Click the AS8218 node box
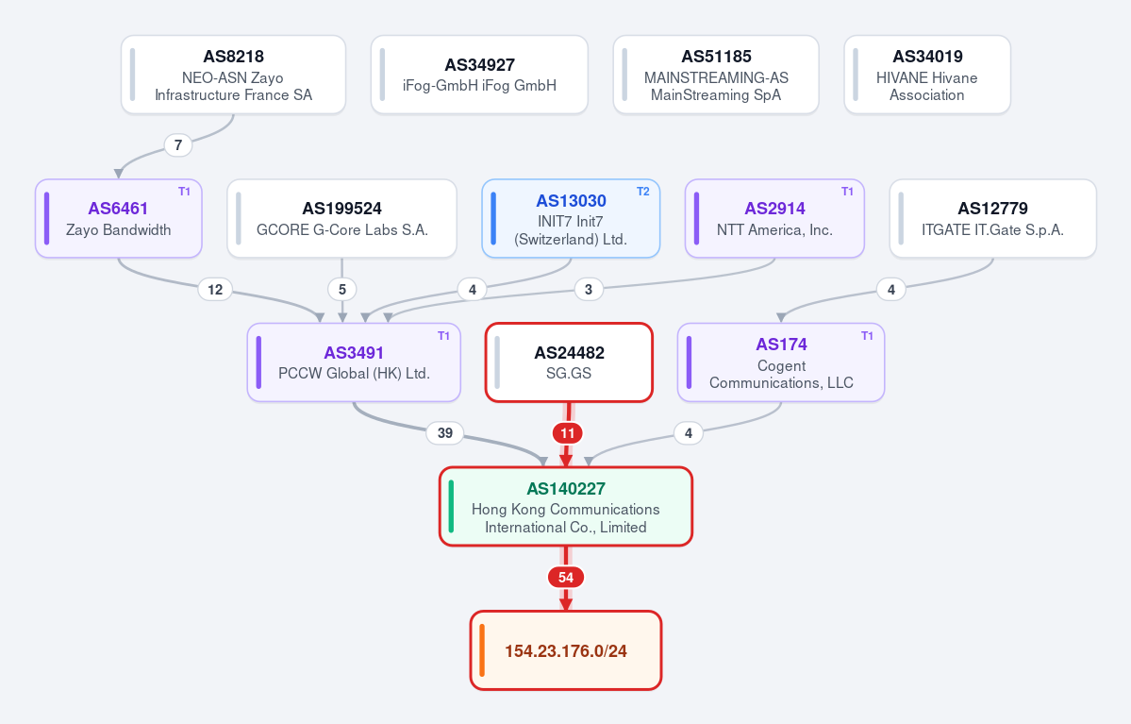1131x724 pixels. click(x=233, y=76)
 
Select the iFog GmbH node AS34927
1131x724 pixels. click(x=479, y=76)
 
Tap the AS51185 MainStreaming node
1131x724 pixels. click(x=716, y=76)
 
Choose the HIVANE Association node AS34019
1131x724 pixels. click(x=927, y=76)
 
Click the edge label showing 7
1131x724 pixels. click(x=178, y=145)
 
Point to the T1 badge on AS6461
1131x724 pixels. click(x=185, y=192)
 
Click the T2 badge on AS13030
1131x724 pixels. click(x=642, y=192)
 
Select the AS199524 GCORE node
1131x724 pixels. click(x=341, y=219)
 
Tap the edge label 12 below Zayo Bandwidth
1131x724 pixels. click(x=215, y=290)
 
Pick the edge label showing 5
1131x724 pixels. click(x=341, y=290)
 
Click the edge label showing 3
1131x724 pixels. click(x=589, y=290)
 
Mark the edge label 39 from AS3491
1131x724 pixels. click(x=445, y=433)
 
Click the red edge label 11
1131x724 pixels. click(x=568, y=433)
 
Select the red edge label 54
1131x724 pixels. click(x=566, y=578)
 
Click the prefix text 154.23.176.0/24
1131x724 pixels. click(x=566, y=651)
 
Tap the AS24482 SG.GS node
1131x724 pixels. click(x=569, y=362)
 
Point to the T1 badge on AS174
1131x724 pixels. click(x=867, y=336)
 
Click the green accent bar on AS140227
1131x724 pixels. click(x=452, y=506)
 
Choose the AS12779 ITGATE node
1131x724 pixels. click(x=992, y=219)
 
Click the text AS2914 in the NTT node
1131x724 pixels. click(x=774, y=209)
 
